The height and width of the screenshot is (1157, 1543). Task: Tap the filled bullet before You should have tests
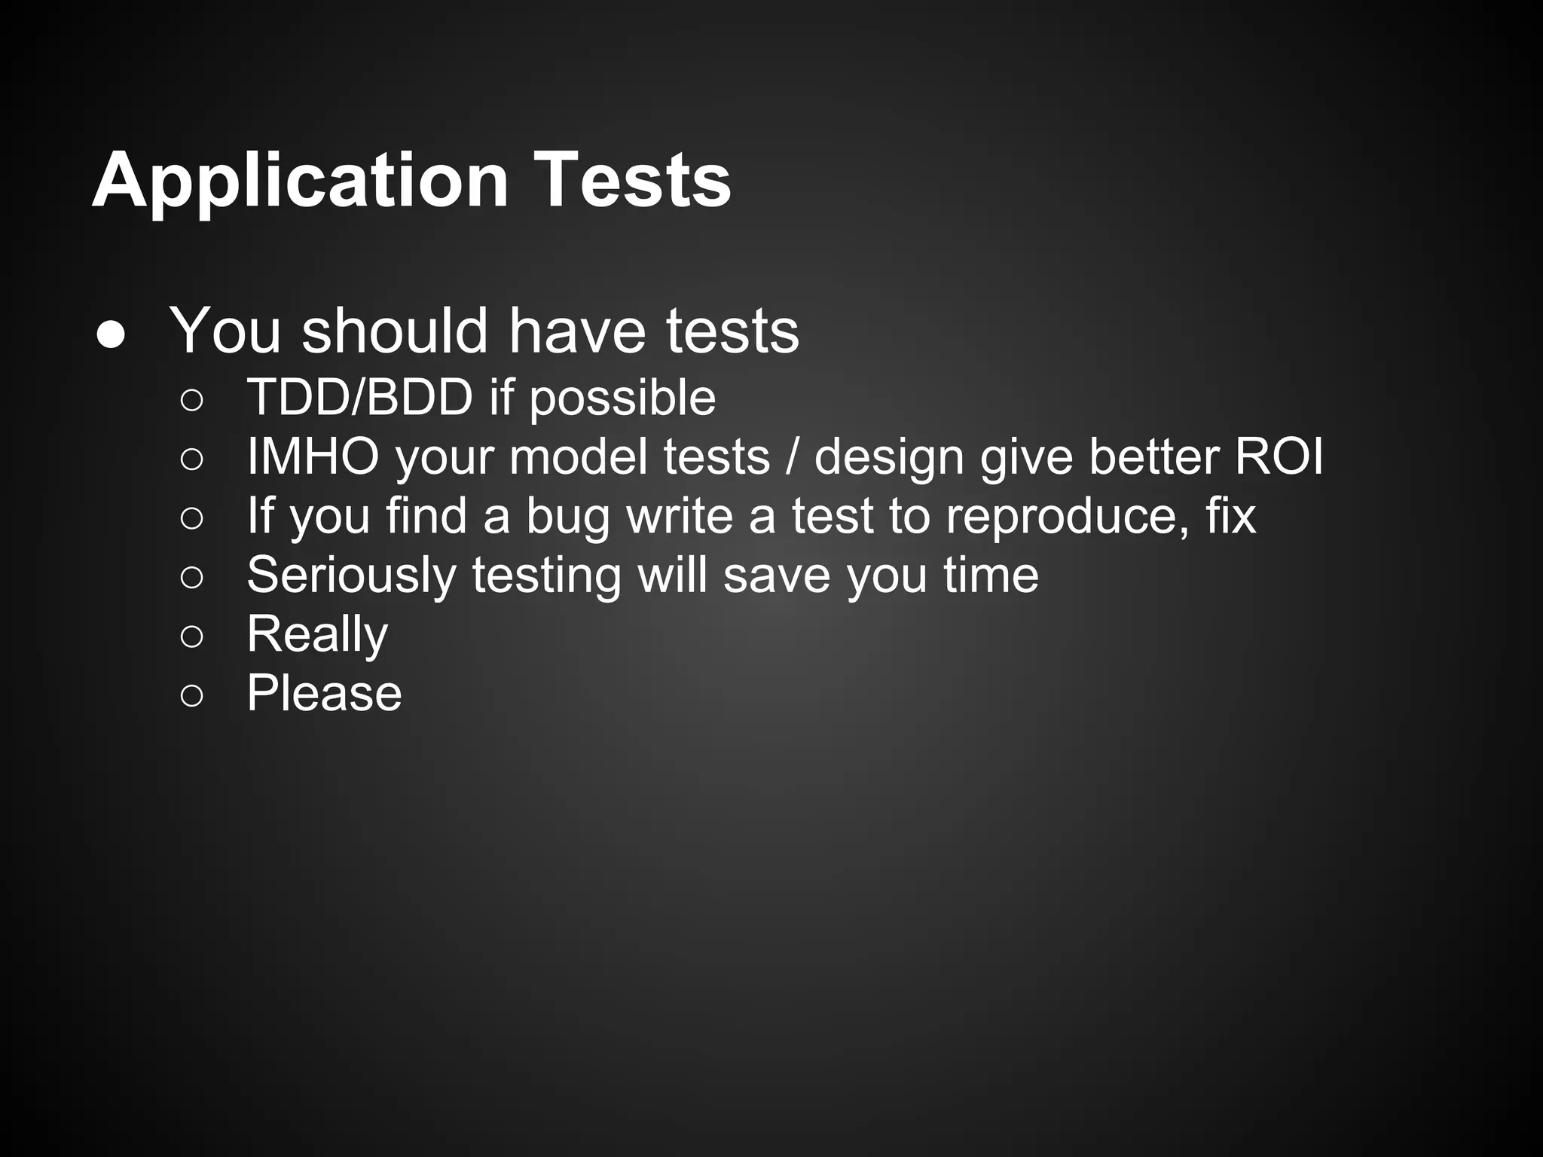coord(111,336)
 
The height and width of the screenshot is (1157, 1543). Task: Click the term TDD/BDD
coord(359,397)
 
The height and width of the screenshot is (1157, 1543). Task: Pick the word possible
coord(622,399)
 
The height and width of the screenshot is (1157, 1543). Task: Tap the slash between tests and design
coord(791,456)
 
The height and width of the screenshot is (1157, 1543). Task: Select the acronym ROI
coord(1279,456)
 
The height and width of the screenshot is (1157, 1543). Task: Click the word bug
coord(567,518)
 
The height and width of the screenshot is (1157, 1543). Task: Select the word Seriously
coord(351,577)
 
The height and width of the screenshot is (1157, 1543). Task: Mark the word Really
coord(317,636)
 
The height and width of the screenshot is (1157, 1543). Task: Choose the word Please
coord(324,693)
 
